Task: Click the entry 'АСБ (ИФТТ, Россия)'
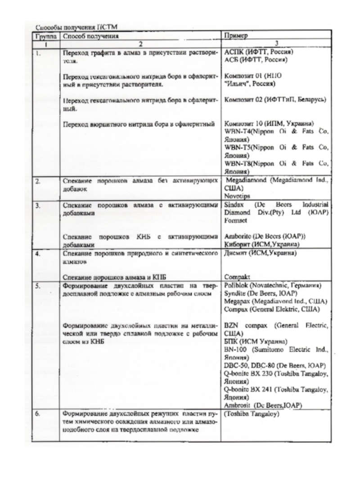click(x=255, y=59)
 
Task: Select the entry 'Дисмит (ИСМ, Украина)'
click(x=259, y=253)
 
